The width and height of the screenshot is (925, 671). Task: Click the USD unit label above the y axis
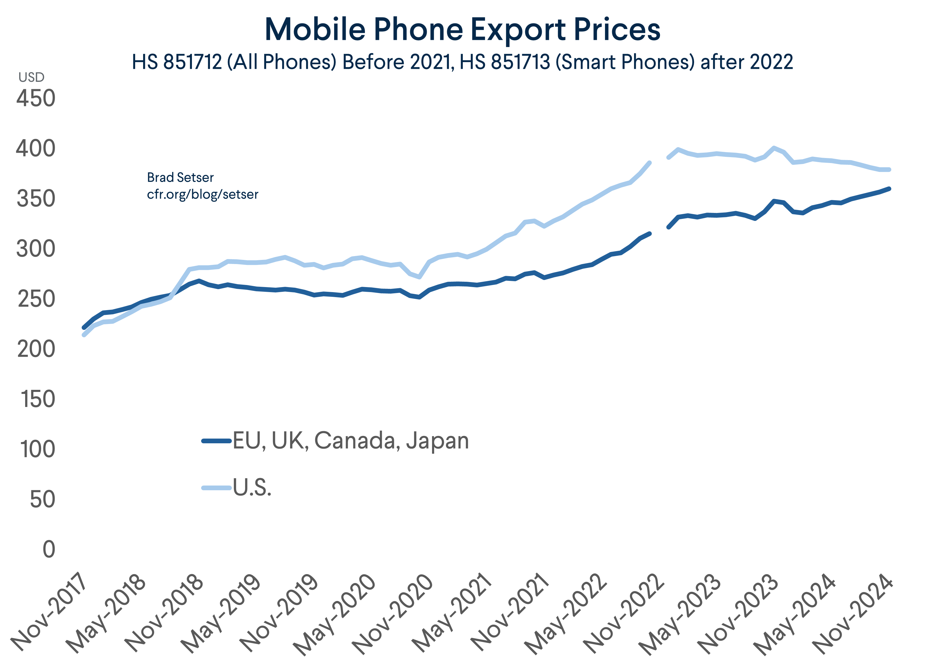pos(31,77)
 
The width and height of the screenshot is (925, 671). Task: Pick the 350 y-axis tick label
pos(36,199)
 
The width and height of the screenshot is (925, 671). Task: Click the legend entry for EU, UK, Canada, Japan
pos(351,441)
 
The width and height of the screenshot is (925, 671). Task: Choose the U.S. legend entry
pos(252,488)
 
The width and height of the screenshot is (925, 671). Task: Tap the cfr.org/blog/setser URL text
pos(202,194)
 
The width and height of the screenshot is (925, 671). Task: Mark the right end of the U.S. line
pos(889,170)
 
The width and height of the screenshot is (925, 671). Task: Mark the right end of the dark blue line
pos(889,189)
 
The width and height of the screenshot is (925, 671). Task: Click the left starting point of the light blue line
pos(84,335)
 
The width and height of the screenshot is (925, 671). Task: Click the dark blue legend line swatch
pos(216,441)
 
